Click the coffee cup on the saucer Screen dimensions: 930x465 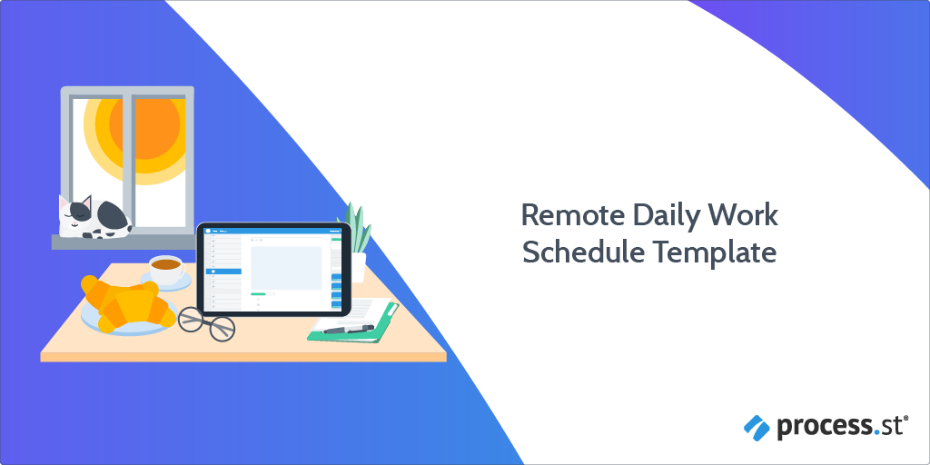tap(167, 270)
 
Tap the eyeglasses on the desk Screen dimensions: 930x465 tap(207, 322)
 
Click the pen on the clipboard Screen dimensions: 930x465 tap(349, 329)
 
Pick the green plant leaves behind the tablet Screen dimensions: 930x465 tap(356, 229)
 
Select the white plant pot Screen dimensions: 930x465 tap(358, 268)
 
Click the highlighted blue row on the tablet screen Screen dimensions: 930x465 tap(223, 271)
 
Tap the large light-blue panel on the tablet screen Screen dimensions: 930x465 tap(286, 268)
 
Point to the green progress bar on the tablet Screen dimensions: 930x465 tap(258, 293)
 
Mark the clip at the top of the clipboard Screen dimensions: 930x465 tap(391, 309)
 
